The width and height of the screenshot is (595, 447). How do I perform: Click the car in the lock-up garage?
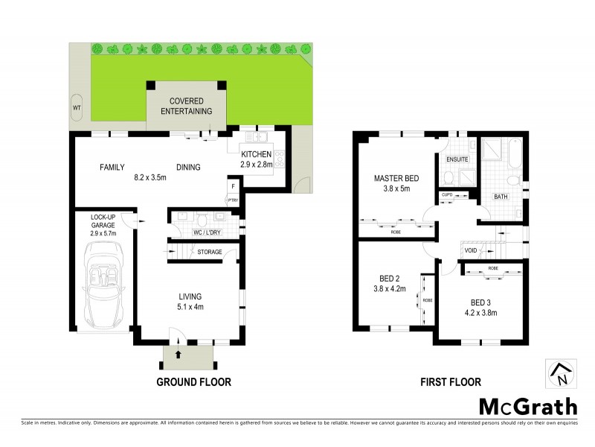click(103, 286)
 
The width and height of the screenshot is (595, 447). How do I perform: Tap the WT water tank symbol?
click(76, 107)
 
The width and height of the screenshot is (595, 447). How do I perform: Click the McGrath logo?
click(527, 407)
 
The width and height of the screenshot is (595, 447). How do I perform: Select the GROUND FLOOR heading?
click(193, 382)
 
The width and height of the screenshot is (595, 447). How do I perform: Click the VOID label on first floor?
click(470, 251)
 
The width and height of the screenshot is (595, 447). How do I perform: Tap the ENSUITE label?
click(457, 159)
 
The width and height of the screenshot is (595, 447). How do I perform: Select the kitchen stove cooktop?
click(280, 158)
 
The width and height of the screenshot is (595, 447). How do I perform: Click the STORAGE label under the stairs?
click(210, 253)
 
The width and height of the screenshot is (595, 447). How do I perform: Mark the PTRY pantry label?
click(233, 200)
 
